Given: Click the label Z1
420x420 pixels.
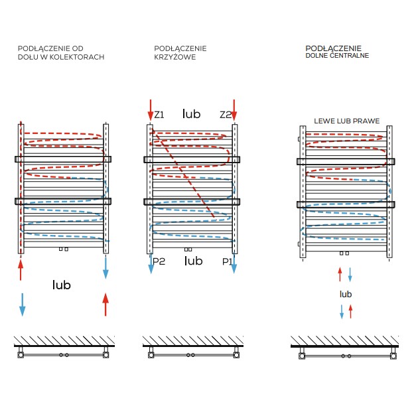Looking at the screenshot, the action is coord(159,115).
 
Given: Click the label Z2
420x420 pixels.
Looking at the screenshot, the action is coord(226,115).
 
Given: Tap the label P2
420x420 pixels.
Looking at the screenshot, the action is coord(159,261).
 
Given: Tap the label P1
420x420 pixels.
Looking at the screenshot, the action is coord(227,261).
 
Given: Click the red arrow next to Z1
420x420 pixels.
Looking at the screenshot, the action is coord(151,110).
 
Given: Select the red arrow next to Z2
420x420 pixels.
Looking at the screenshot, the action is coord(234,110).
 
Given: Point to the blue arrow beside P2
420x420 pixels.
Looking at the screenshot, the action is coord(151,264).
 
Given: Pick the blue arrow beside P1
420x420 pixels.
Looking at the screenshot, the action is coord(234,264).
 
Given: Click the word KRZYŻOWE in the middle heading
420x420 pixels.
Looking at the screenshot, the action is coord(175,57).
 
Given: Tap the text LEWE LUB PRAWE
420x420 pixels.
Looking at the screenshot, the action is coord(346,121).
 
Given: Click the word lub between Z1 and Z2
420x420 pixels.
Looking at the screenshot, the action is coord(191,114).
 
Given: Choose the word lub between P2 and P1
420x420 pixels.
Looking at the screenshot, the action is coord(193,261).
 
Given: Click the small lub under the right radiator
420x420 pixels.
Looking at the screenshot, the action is coord(346,294).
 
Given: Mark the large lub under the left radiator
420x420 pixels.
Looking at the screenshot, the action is coord(61,285).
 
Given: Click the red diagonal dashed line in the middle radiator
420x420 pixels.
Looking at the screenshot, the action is coord(183,173).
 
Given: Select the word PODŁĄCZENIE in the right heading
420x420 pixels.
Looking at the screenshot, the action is coord(333,48).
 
